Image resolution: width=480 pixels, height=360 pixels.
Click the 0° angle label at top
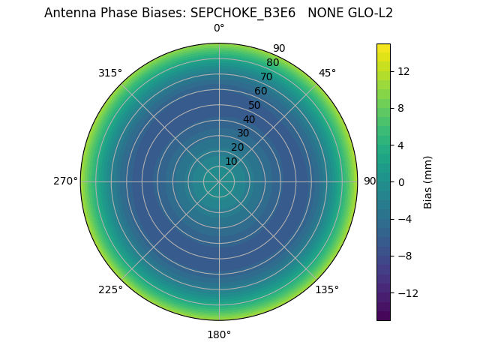219,28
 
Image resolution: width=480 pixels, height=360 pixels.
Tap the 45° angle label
327,73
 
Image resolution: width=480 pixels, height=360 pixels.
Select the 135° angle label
327,290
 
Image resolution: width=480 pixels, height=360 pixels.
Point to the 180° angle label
219,334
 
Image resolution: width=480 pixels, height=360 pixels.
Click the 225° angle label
110,290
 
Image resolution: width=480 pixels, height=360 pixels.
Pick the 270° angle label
65,181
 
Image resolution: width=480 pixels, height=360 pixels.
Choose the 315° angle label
110,73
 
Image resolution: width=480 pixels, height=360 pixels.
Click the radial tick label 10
231,162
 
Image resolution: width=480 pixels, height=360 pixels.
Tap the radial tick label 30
243,133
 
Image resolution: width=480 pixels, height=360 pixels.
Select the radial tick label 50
255,106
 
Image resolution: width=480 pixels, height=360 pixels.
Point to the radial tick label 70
266,77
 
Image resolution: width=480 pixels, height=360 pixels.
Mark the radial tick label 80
272,63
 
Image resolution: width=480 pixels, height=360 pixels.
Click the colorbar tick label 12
403,71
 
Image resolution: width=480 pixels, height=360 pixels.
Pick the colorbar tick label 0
400,182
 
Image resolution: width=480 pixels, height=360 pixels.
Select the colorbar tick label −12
406,292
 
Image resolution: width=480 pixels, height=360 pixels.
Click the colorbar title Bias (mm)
428,182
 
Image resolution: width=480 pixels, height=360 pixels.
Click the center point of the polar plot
219,181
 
